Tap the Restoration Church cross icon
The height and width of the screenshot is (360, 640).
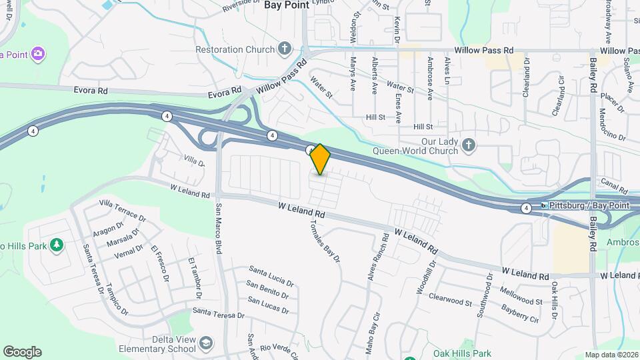coord(285,49)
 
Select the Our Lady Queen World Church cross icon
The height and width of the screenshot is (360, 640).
coord(469,145)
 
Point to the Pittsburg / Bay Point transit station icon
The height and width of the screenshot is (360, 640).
coord(544,206)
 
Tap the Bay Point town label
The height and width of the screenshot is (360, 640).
coord(287,5)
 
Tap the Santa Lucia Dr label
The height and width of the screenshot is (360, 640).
coord(271,273)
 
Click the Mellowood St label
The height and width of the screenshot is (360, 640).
coord(521,297)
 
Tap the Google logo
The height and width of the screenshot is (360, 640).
coord(22,352)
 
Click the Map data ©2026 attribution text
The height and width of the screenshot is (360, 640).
coord(611,355)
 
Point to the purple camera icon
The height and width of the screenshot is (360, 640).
coord(39,53)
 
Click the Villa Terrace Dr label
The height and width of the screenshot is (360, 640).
coord(122,209)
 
